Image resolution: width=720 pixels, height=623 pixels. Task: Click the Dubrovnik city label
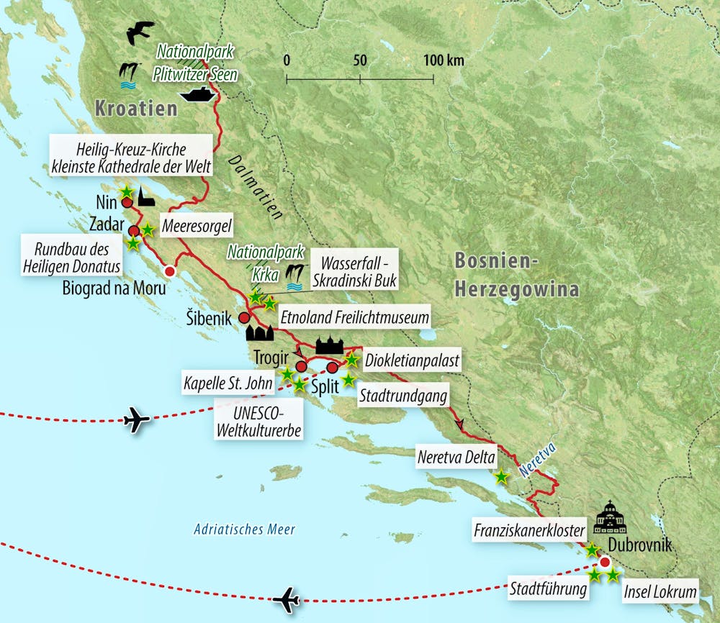pos(639,545)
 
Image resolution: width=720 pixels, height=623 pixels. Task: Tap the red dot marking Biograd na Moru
pos(170,272)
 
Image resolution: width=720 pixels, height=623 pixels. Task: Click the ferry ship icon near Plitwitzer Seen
pos(197,94)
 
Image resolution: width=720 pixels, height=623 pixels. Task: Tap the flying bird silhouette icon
pos(140,32)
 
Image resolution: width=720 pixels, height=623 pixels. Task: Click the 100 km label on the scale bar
pos(444,60)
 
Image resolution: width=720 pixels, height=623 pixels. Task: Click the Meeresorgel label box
pos(195,227)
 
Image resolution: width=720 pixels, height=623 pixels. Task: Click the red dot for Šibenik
pos(245,317)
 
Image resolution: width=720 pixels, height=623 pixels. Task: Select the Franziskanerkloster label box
pos(527,531)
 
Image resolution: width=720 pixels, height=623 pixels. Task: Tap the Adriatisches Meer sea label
pos(245,529)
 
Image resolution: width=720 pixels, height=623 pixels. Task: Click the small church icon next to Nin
pos(146,198)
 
